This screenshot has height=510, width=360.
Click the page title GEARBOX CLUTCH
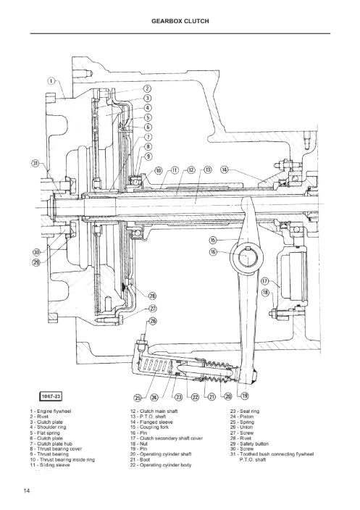pos(180,21)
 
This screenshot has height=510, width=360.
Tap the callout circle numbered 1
pos(52,81)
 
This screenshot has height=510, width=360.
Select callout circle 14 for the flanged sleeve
pos(225,170)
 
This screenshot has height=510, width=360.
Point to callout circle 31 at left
pos(35,163)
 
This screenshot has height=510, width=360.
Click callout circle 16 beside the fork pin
pos(213,251)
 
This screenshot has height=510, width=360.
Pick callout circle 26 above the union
pos(153,321)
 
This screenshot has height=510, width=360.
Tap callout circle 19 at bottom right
pos(245,396)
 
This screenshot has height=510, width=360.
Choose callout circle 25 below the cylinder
pos(138,398)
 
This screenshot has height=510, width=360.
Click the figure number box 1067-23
pos(51,396)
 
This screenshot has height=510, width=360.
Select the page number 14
pos(27,491)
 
